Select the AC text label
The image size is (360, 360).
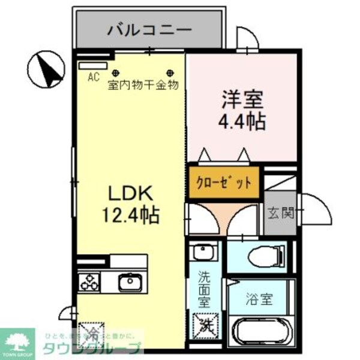(x=93, y=76)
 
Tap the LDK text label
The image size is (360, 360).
(x=131, y=193)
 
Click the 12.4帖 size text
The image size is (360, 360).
(x=133, y=214)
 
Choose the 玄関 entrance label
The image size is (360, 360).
(x=280, y=212)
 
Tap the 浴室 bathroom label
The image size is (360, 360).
(x=259, y=298)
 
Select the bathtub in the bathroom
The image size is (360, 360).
(x=262, y=333)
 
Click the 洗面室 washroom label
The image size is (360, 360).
(x=205, y=290)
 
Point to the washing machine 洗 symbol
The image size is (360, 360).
(x=205, y=325)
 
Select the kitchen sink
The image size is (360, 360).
(x=128, y=281)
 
